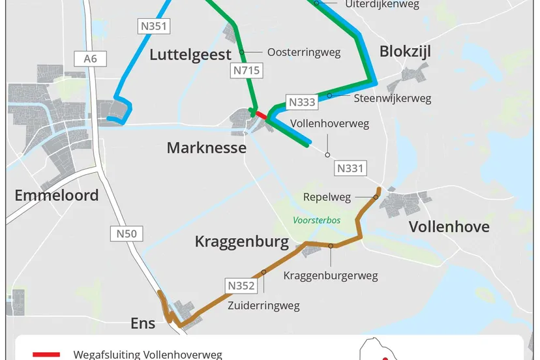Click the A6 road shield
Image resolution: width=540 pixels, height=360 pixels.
pos(90,59)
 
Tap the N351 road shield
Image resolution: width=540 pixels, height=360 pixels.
pos(155,26)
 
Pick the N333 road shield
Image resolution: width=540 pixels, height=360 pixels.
pos(302,102)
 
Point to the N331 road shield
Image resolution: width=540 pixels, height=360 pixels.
pos(350,168)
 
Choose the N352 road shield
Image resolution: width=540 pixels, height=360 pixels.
pos(241,285)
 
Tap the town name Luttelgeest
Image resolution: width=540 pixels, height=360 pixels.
pos(190,54)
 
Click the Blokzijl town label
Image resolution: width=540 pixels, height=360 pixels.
pos(405,52)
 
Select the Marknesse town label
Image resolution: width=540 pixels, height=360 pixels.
pos(206,147)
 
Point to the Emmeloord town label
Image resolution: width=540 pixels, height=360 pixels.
pos(57,194)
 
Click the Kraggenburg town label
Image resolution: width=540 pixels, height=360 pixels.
pos(241,242)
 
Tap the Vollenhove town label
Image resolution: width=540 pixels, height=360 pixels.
pos(449,227)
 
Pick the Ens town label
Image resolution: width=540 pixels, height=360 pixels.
pos(143,323)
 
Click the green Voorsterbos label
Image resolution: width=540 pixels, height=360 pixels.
pos(317,220)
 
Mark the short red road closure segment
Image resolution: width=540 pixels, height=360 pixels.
pos(260,115)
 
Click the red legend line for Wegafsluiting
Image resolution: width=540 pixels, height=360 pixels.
pos(46,355)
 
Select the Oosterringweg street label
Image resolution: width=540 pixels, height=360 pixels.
pos(303,53)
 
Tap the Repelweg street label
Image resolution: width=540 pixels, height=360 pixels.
pos(327,197)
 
